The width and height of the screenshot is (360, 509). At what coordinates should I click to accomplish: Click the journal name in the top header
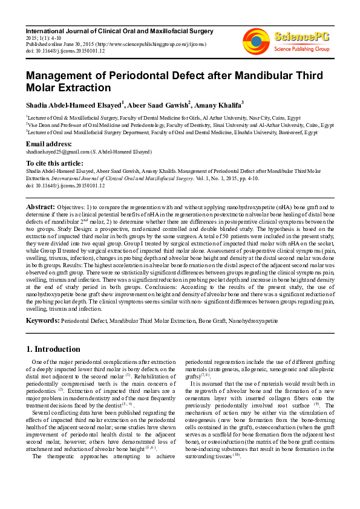119,30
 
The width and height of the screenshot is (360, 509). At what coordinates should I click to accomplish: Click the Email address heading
48,144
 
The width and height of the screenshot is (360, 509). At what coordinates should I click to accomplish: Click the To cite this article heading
54,163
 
